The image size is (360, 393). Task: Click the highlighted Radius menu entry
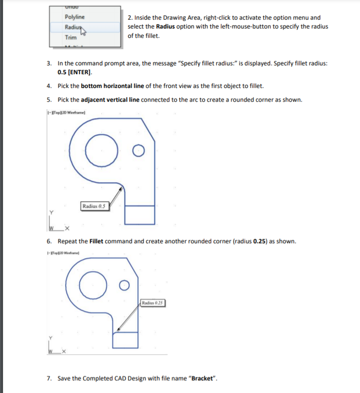tap(72, 28)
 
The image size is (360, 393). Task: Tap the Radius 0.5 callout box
tap(95, 206)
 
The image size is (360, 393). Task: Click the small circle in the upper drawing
tap(139, 150)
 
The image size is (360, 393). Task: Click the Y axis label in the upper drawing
tap(50, 212)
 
